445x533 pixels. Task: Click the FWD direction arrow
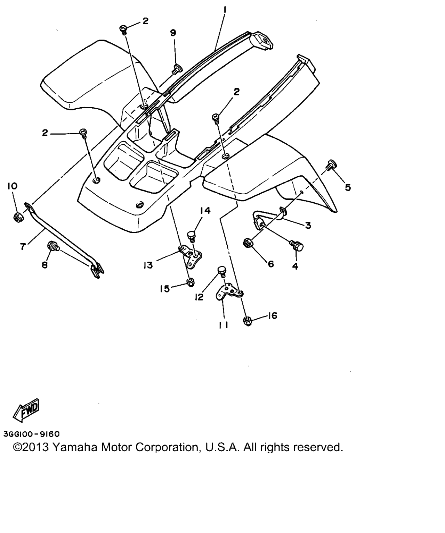[26, 410]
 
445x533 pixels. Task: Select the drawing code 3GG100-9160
[31, 434]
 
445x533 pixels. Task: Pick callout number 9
[173, 33]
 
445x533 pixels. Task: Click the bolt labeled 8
[53, 246]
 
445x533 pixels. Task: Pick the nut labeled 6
[248, 242]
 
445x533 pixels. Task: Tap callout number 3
[308, 225]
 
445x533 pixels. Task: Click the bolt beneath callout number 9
[176, 69]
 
